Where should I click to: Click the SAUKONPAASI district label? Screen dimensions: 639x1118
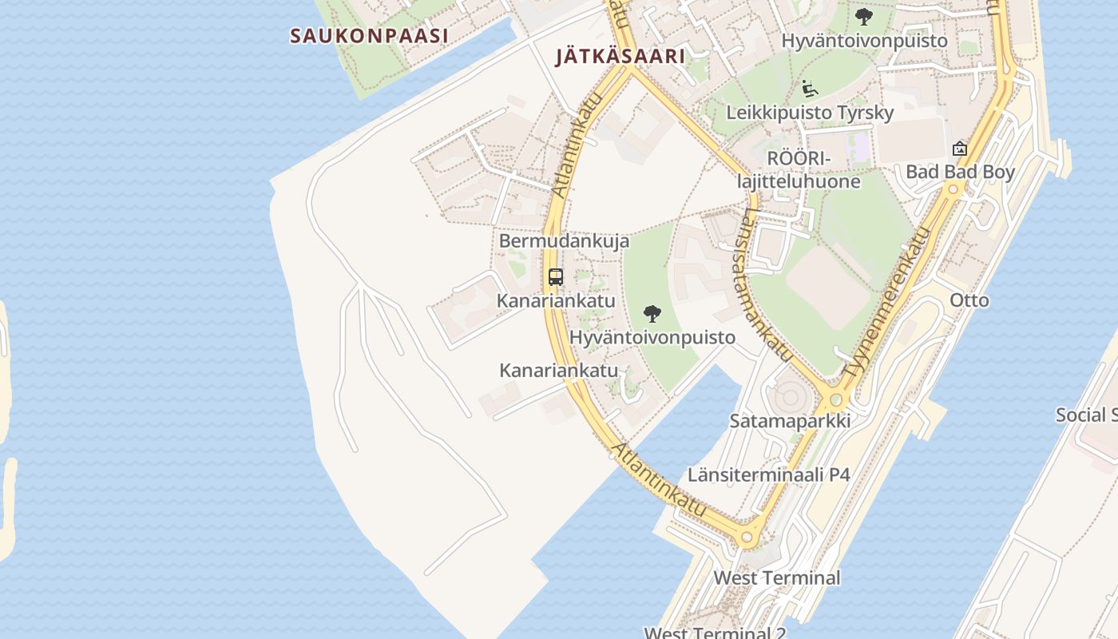point(368,36)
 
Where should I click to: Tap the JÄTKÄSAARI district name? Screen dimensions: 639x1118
point(620,57)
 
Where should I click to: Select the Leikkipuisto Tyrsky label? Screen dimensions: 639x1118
point(809,113)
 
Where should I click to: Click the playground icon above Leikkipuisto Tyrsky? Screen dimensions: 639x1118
point(809,87)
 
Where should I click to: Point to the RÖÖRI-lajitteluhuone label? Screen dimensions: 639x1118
point(799,170)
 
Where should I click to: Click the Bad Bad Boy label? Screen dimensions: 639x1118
point(960,172)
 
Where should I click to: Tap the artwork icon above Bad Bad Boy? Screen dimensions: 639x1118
point(960,149)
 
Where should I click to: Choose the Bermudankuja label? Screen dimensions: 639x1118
point(564,240)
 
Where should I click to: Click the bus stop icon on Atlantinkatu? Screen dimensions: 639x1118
point(556,277)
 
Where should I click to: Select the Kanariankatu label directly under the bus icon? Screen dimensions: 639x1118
point(556,300)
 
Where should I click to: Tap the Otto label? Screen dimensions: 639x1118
point(969,300)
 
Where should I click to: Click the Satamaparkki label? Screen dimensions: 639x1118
point(789,421)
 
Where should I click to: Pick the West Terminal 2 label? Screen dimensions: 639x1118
point(715,633)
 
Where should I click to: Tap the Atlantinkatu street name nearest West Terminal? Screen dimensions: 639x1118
point(660,479)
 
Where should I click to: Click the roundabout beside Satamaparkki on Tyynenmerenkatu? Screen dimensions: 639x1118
point(836,399)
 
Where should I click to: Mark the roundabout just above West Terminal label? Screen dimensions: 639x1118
point(747,538)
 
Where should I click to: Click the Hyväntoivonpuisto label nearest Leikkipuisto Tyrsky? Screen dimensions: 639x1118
point(864,40)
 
